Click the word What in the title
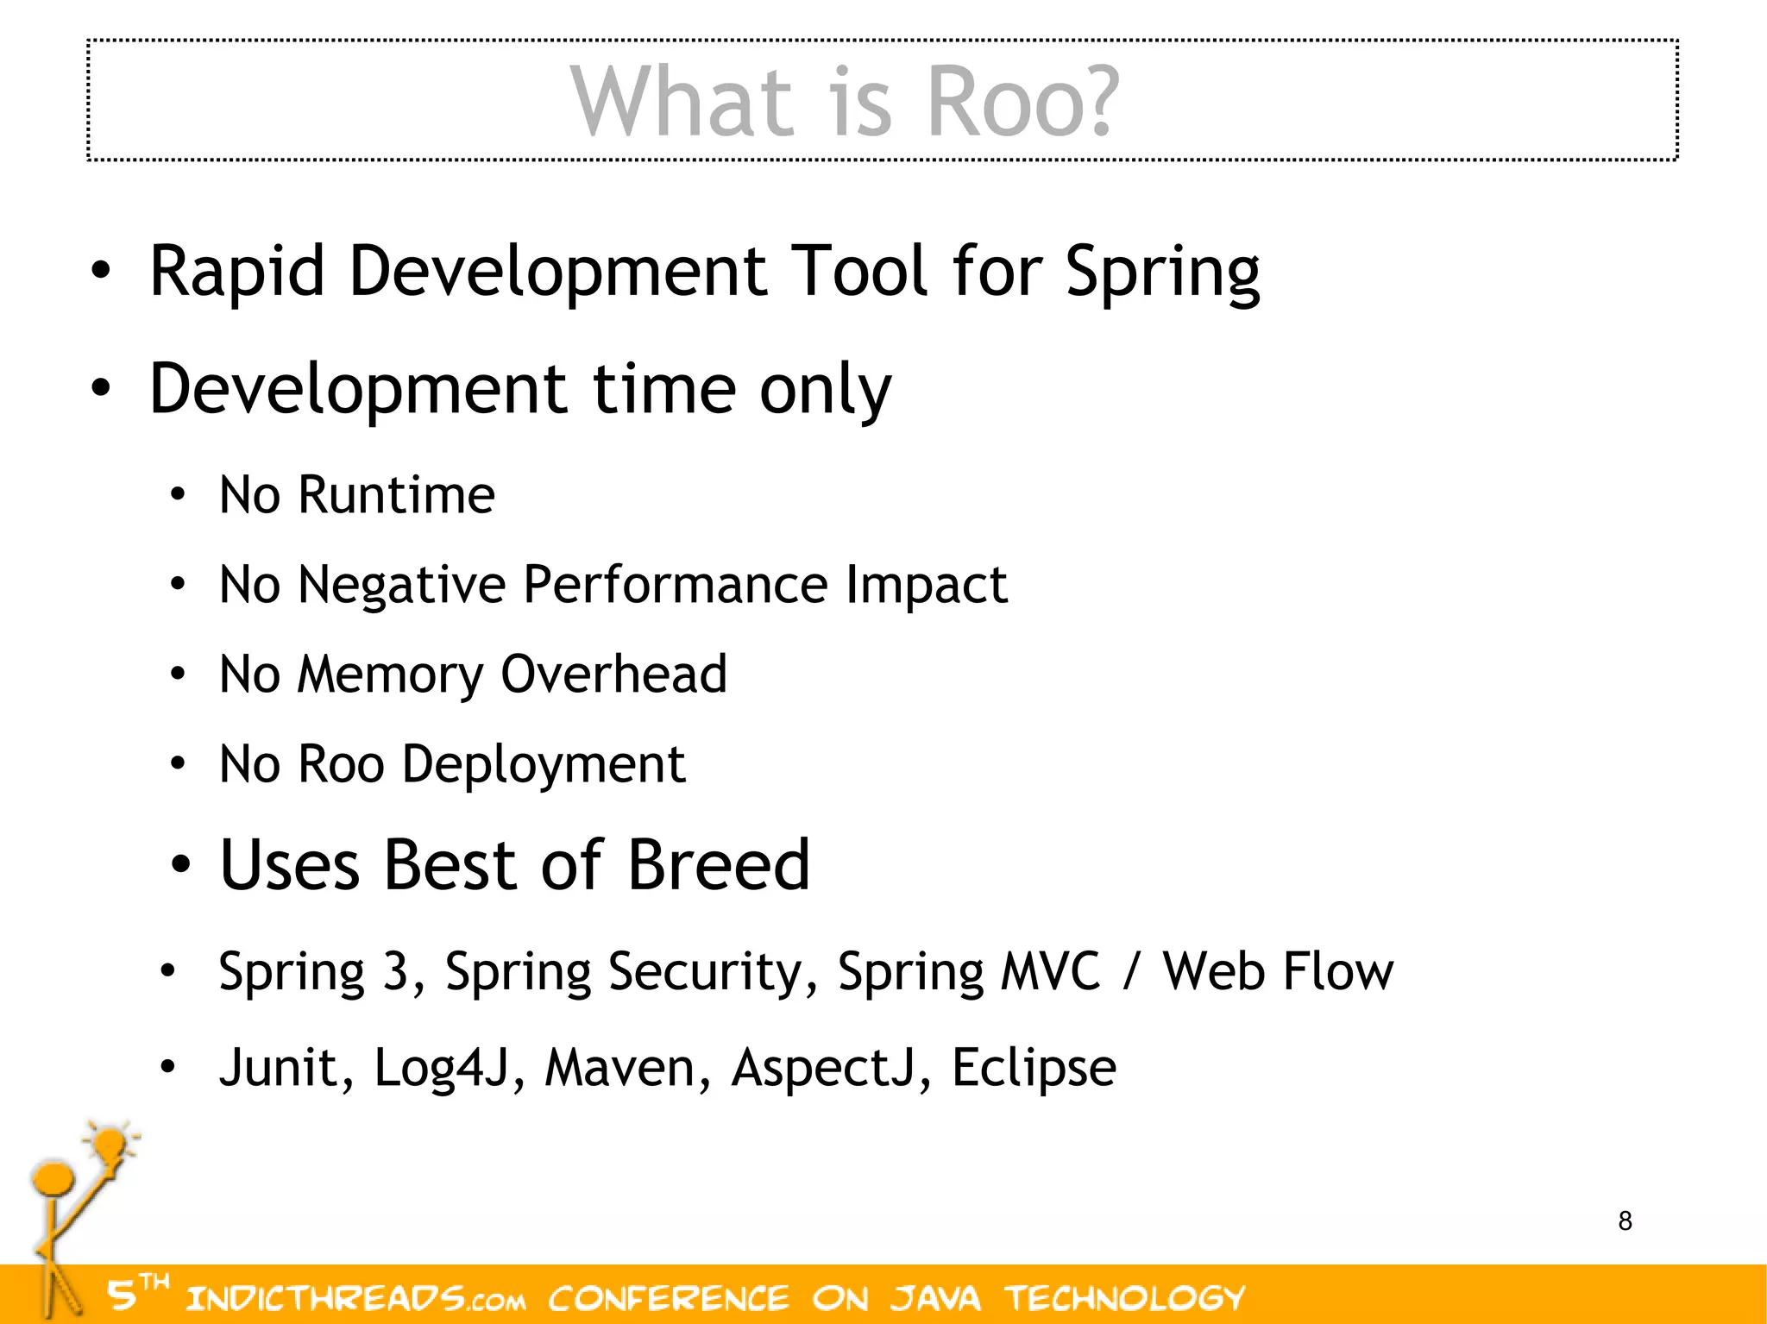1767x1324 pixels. [681, 103]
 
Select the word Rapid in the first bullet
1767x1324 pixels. [237, 272]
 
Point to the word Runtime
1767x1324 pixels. [397, 495]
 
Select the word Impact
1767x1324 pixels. [926, 586]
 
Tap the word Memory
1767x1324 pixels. [390, 675]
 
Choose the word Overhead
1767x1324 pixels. [614, 675]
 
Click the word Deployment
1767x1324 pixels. [544, 765]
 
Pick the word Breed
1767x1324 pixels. [719, 865]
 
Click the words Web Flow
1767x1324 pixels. [1277, 971]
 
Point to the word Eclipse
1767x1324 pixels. [1034, 1068]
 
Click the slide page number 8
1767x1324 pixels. [1626, 1221]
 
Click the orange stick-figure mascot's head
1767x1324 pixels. [53, 1178]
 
